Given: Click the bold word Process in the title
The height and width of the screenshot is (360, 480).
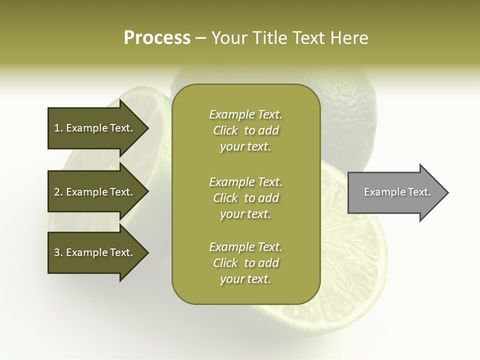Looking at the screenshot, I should point(157,38).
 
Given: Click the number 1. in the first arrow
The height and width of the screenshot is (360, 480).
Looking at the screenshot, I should point(58,128).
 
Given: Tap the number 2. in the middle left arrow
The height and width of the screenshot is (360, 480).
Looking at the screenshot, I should point(58,192).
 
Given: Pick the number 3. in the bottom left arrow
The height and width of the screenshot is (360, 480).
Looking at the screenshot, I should point(58,252).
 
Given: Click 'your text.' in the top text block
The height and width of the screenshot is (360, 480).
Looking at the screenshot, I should point(245,147).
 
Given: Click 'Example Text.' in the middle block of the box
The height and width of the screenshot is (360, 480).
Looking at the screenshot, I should point(245,182).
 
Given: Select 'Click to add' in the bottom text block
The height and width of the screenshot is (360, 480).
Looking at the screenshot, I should point(245,263).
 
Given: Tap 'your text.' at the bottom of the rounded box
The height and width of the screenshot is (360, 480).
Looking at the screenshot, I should point(245,279).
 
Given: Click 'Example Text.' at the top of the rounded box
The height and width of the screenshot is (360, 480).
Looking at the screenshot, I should point(245,115).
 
